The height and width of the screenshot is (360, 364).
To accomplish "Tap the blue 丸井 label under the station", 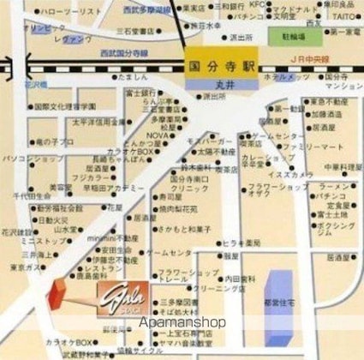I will pyautogui.click(x=219, y=84).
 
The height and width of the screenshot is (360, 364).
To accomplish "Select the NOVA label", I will pyautogui.click(x=158, y=135).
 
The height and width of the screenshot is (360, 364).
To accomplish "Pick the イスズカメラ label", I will pyautogui.click(x=288, y=174).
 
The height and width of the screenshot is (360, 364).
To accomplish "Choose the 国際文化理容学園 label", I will pyautogui.click(x=64, y=107).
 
